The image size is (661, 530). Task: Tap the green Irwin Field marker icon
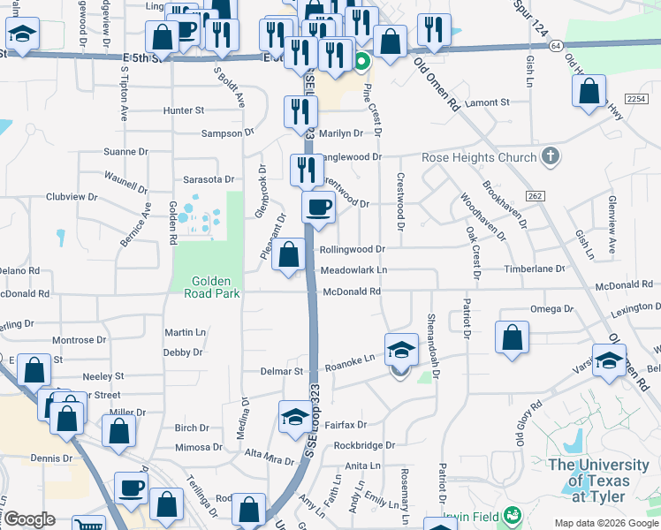point(511,515)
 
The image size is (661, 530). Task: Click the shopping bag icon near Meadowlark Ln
point(289,255)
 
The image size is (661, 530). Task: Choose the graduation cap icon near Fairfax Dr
point(294,417)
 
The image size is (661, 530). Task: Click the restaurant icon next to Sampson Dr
point(300,111)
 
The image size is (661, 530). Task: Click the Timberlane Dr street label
point(534,269)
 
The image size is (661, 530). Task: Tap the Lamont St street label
point(487,102)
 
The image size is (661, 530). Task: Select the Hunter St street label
point(183,110)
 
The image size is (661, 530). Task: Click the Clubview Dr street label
point(70,196)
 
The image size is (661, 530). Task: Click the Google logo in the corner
point(29,519)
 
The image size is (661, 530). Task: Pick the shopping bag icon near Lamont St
point(589,90)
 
